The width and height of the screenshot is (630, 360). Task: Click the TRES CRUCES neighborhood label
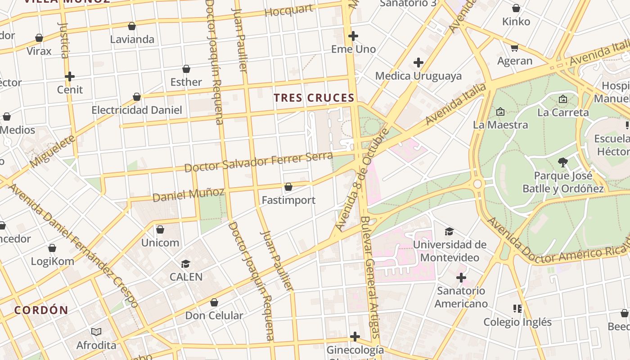pyautogui.click(x=314, y=98)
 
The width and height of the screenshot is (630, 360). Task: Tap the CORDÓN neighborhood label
pyautogui.click(x=41, y=310)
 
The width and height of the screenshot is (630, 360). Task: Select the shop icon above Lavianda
pyautogui.click(x=132, y=26)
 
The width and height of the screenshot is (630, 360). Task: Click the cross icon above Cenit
pyautogui.click(x=70, y=76)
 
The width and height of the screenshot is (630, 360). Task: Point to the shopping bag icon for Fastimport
pyautogui.click(x=288, y=187)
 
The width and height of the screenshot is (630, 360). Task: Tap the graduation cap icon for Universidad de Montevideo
pyautogui.click(x=449, y=232)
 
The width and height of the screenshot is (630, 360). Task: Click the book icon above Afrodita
pyautogui.click(x=96, y=332)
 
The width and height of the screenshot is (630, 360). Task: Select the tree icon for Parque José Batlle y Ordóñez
pyautogui.click(x=562, y=162)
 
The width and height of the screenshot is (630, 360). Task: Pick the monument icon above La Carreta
pyautogui.click(x=563, y=99)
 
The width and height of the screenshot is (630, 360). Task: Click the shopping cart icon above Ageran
pyautogui.click(x=515, y=48)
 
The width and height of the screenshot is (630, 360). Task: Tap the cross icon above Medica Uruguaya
pyautogui.click(x=418, y=62)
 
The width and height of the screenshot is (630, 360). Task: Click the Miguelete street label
pyautogui.click(x=53, y=151)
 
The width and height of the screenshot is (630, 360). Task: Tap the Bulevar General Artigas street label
pyautogui.click(x=370, y=277)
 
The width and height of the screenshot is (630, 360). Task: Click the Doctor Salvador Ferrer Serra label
pyautogui.click(x=259, y=162)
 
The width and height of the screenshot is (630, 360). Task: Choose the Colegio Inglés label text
pyautogui.click(x=517, y=322)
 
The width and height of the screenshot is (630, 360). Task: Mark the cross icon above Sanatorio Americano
pyautogui.click(x=461, y=278)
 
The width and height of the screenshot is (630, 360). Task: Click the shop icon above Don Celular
pyautogui.click(x=214, y=302)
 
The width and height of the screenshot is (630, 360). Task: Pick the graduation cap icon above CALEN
pyautogui.click(x=186, y=264)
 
